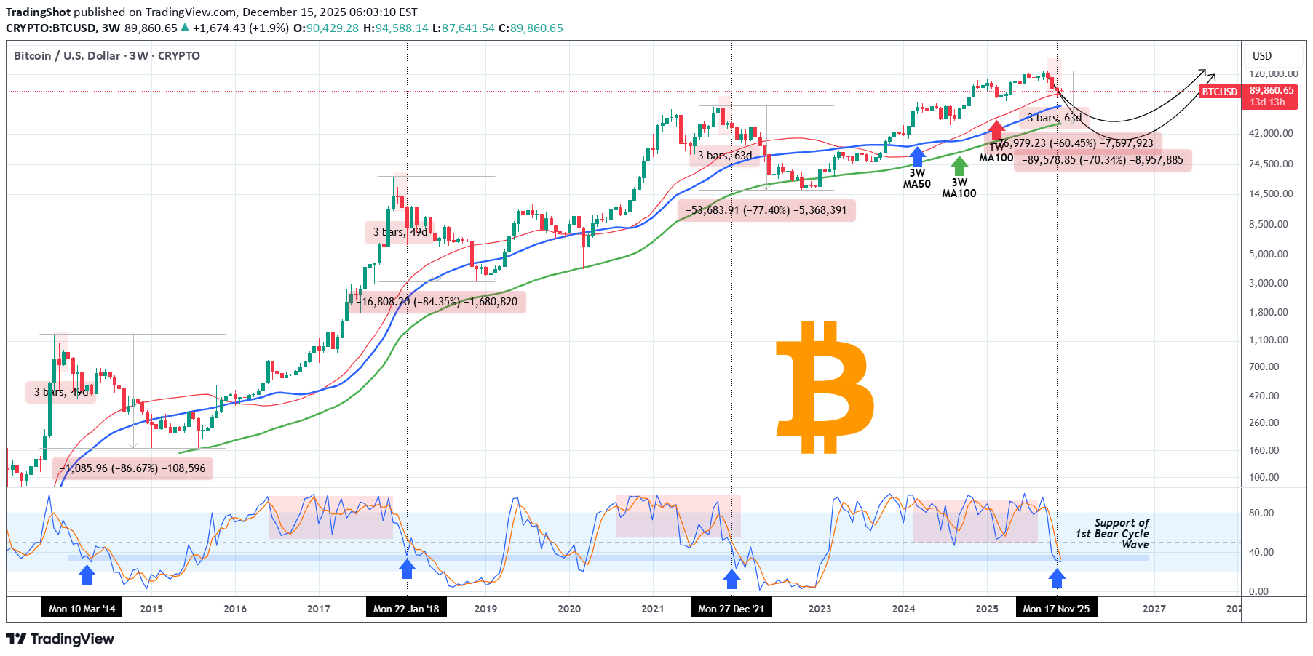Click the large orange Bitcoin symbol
coord(825,387)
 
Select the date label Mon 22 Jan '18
coord(406,609)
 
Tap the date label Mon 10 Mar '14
coord(82,609)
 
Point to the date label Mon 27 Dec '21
coord(731,609)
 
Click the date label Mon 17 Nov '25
coord(1056,609)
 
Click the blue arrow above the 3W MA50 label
coord(917,156)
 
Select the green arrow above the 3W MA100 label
coord(959,166)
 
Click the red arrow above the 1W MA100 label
coord(996,131)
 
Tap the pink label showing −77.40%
coord(766,210)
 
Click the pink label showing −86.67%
coord(132,468)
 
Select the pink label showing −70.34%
coord(1103,160)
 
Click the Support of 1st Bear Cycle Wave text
coord(1114,533)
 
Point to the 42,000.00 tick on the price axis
coord(1271,133)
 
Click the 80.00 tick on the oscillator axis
coord(1261,513)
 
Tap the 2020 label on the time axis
coord(569,609)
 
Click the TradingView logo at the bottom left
coord(60,639)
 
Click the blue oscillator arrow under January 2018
coord(407,569)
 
